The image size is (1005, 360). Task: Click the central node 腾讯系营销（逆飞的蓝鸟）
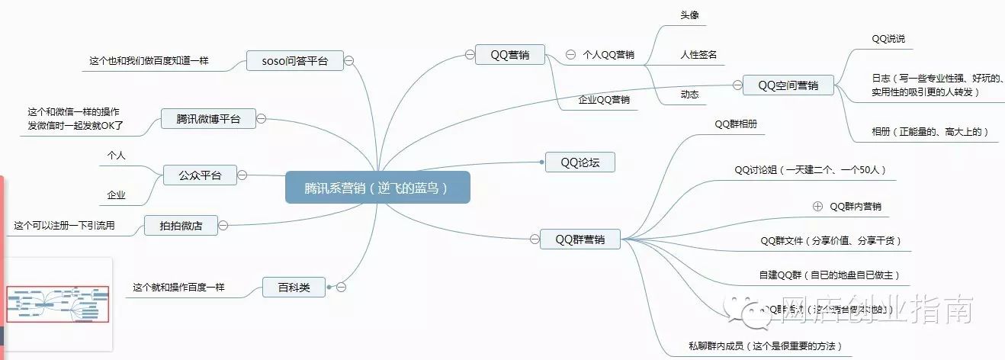coord(377,187)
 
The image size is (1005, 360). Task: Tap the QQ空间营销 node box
coord(788,85)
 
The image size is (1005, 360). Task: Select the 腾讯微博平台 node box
coord(208,118)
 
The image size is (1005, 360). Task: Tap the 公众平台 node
coord(200,175)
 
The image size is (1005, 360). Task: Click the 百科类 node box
coord(294,288)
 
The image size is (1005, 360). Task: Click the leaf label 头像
coord(690,15)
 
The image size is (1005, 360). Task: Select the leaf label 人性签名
coord(698,55)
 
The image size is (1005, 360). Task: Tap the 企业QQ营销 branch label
coord(604,99)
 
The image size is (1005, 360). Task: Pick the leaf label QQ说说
coord(888,38)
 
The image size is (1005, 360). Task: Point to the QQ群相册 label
coord(736,124)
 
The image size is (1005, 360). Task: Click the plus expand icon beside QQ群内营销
coord(818,206)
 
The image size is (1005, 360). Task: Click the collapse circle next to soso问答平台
coord(348,61)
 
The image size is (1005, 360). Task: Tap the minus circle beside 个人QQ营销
coord(570,55)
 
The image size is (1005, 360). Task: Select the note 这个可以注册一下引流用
coord(64,225)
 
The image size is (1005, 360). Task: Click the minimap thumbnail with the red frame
coord(58,304)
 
